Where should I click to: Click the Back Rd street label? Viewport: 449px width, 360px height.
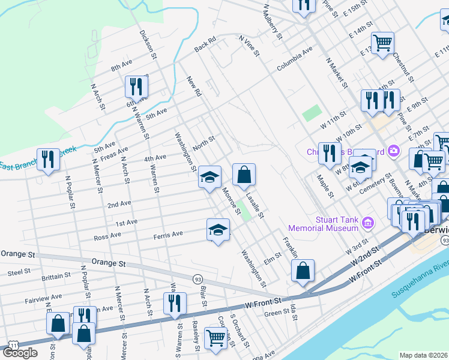[205, 45]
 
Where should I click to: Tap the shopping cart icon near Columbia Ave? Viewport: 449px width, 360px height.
[382, 43]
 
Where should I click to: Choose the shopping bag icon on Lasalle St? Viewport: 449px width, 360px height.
[244, 175]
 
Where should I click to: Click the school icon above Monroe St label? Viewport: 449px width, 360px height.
[209, 177]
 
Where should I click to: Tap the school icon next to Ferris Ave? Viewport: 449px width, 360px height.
[218, 230]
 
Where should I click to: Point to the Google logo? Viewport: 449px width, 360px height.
[20, 353]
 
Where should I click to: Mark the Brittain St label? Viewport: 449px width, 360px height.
[56, 278]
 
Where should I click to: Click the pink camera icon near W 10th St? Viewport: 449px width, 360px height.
[393, 150]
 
